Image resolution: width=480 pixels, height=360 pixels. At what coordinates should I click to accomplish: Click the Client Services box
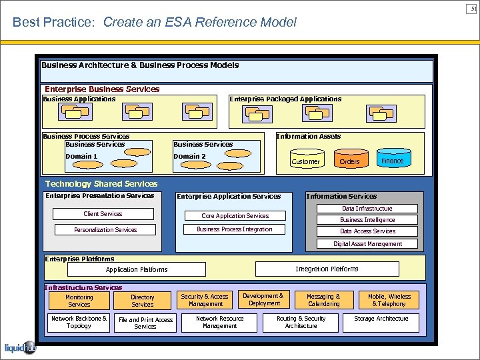point(103,214)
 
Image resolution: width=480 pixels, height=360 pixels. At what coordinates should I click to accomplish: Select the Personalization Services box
point(105,230)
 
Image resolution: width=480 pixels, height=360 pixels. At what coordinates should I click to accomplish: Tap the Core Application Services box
point(235,216)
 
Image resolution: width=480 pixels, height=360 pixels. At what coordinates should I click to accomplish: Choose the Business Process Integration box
point(235,229)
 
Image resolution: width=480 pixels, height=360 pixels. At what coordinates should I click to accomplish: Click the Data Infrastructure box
point(367,209)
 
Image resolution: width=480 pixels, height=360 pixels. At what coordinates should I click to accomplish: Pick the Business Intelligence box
point(367,220)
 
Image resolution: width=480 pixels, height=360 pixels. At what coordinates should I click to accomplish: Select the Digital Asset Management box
point(367,244)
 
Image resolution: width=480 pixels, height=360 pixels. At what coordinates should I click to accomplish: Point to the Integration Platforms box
point(327,269)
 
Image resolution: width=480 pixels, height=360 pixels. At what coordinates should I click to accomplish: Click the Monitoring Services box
point(79,301)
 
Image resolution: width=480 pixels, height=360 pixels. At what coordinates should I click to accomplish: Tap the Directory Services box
point(142,301)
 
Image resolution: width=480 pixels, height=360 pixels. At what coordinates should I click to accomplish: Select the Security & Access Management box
point(205,300)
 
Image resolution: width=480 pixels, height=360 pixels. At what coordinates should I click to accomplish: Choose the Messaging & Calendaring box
point(323,300)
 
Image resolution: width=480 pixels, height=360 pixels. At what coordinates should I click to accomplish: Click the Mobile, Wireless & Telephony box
point(389,300)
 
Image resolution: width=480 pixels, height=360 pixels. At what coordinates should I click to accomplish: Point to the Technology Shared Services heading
point(101,184)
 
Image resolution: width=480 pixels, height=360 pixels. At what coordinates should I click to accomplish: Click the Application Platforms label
point(137,270)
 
